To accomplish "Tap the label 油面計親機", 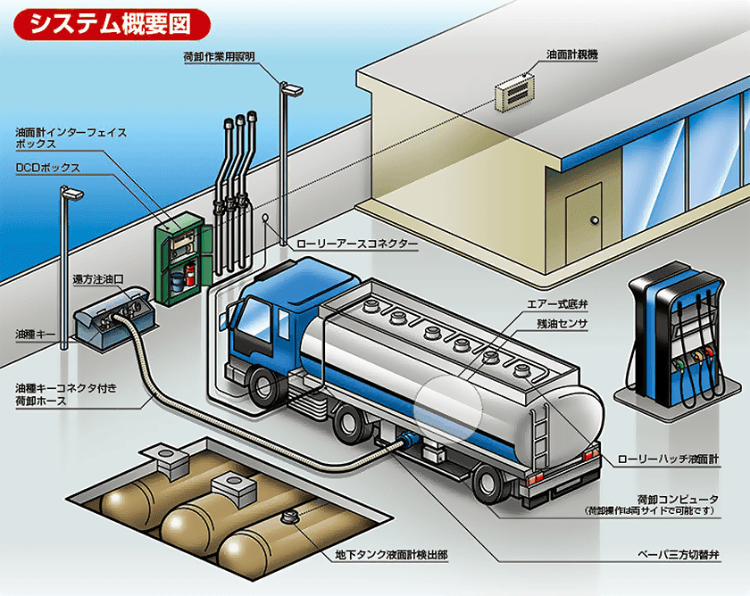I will [x=572, y=54].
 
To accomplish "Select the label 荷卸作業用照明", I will [x=219, y=55].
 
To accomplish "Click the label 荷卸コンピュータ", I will [x=678, y=498].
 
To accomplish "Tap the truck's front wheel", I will [x=265, y=387].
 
